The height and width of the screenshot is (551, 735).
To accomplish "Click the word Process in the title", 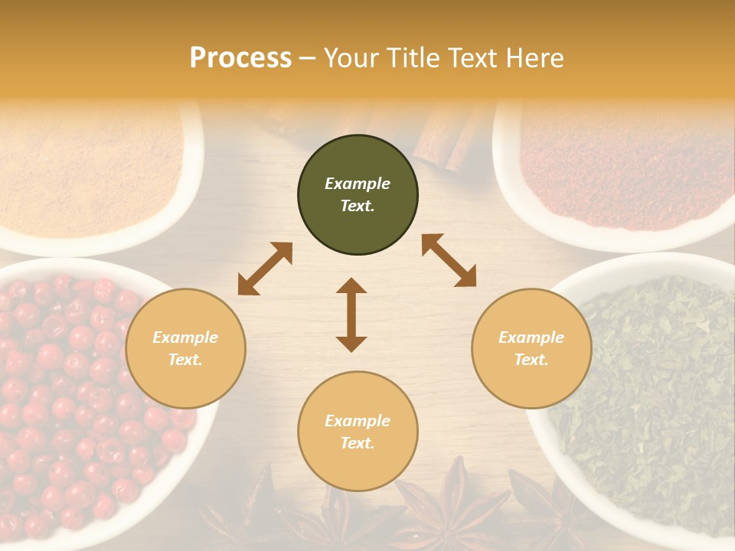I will tap(240, 58).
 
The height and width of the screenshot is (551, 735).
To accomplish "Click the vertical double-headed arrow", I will tap(351, 315).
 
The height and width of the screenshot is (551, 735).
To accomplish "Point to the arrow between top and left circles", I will tap(265, 269).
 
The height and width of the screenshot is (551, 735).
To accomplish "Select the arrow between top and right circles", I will tap(449, 260).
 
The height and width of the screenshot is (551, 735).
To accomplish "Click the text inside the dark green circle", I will tap(358, 194).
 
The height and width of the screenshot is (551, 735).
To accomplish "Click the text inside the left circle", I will tap(185, 348).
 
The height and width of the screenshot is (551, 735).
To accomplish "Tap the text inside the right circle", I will tap(531, 348).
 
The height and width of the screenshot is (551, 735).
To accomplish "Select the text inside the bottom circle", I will tap(358, 432).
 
